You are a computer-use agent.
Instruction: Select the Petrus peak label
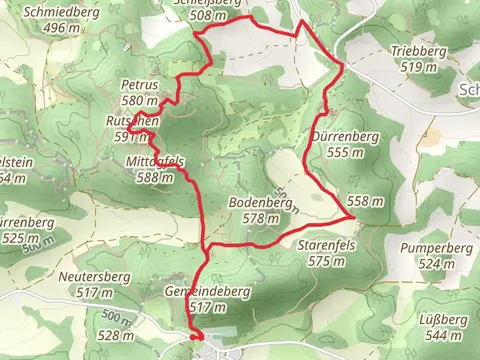click(x=139, y=86)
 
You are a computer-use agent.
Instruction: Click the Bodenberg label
click(x=259, y=203)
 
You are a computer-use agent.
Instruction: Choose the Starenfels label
click(x=327, y=245)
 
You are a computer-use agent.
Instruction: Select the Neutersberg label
click(x=90, y=277)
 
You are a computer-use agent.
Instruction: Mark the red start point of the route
click(x=195, y=336)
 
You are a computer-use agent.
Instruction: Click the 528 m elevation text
click(x=114, y=336)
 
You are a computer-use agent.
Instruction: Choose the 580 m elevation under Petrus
click(x=140, y=101)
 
